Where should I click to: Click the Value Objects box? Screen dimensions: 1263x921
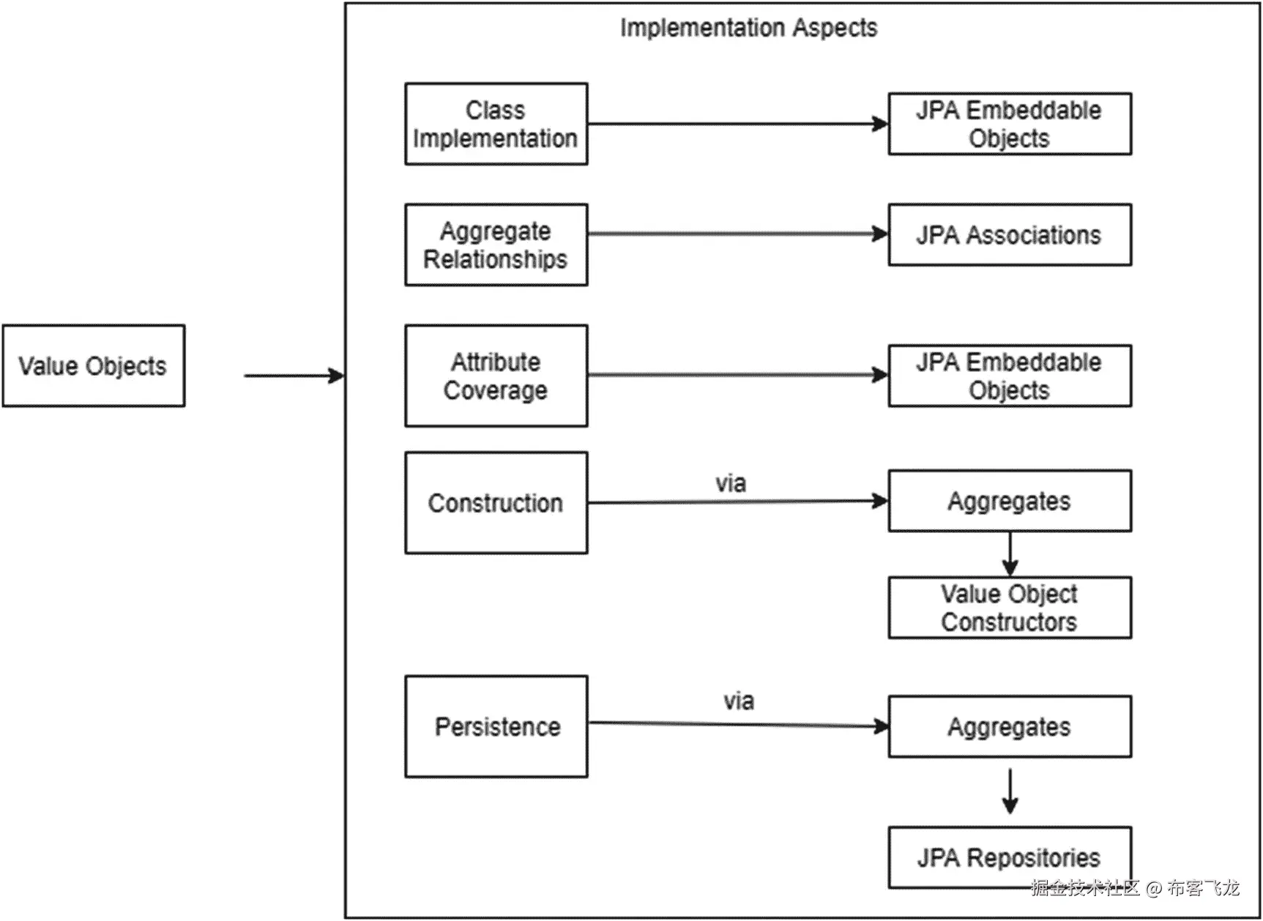point(94,365)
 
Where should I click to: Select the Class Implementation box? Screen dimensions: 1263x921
point(496,124)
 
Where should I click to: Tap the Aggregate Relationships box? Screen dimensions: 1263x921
point(496,245)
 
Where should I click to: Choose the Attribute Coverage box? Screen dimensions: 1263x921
point(496,376)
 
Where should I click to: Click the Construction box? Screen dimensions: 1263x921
point(496,502)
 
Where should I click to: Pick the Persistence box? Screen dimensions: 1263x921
point(496,726)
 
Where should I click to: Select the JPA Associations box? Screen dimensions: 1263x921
point(1010,234)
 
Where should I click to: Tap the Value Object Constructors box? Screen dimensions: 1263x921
point(1010,608)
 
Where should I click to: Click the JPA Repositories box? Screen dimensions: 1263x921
point(1010,857)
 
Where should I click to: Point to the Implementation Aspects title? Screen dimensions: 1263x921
point(748,28)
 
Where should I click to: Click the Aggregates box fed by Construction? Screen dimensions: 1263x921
point(1010,501)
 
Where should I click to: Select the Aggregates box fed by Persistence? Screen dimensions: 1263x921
point(1010,726)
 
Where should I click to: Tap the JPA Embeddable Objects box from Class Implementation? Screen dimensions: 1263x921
point(1010,124)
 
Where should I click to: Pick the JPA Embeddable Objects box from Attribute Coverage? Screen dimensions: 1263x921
point(1010,376)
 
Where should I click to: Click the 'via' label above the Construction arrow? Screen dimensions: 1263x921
point(731,483)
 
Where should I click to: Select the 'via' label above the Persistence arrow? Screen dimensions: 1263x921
point(739,701)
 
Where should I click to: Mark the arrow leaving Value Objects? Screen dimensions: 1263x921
point(294,376)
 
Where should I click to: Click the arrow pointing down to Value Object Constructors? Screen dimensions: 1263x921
point(1010,554)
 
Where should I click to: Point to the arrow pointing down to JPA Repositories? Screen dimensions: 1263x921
point(1010,791)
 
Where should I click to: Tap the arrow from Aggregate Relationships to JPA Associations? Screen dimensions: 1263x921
point(738,234)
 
